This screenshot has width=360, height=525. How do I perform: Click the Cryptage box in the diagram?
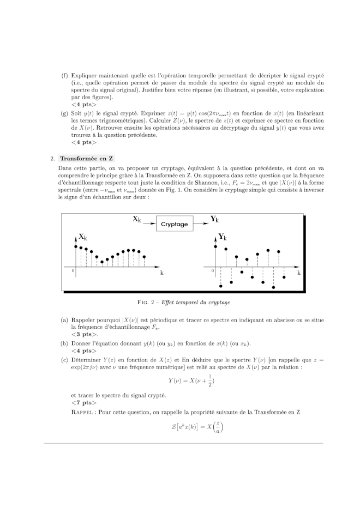(174, 224)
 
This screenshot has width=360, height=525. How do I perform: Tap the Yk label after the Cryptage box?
(214, 219)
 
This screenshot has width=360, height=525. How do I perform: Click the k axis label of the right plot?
(299, 273)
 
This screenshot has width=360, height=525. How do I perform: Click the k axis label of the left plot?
(161, 273)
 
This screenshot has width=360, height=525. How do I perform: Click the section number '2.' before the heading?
(52, 159)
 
